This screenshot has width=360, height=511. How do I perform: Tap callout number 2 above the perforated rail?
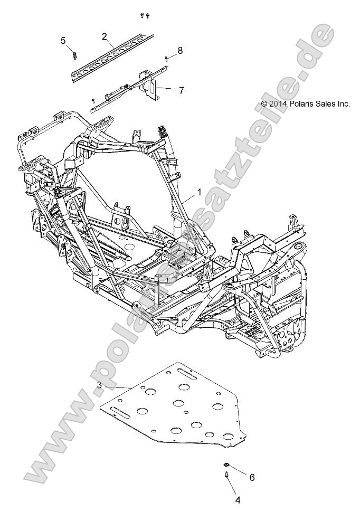point(105,36)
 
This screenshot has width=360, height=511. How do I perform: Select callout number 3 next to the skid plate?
point(99,385)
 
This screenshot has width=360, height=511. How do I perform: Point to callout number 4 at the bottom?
point(238,499)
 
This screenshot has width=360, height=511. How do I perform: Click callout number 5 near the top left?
point(63,40)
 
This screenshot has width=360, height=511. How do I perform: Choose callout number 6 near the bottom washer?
point(252,477)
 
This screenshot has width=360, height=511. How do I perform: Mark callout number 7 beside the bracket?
point(181,90)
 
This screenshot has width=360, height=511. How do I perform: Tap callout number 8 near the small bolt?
point(180,51)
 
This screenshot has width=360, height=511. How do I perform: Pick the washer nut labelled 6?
point(226,465)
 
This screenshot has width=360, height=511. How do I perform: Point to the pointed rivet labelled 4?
point(226,477)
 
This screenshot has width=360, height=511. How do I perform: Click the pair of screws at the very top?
point(145,16)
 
